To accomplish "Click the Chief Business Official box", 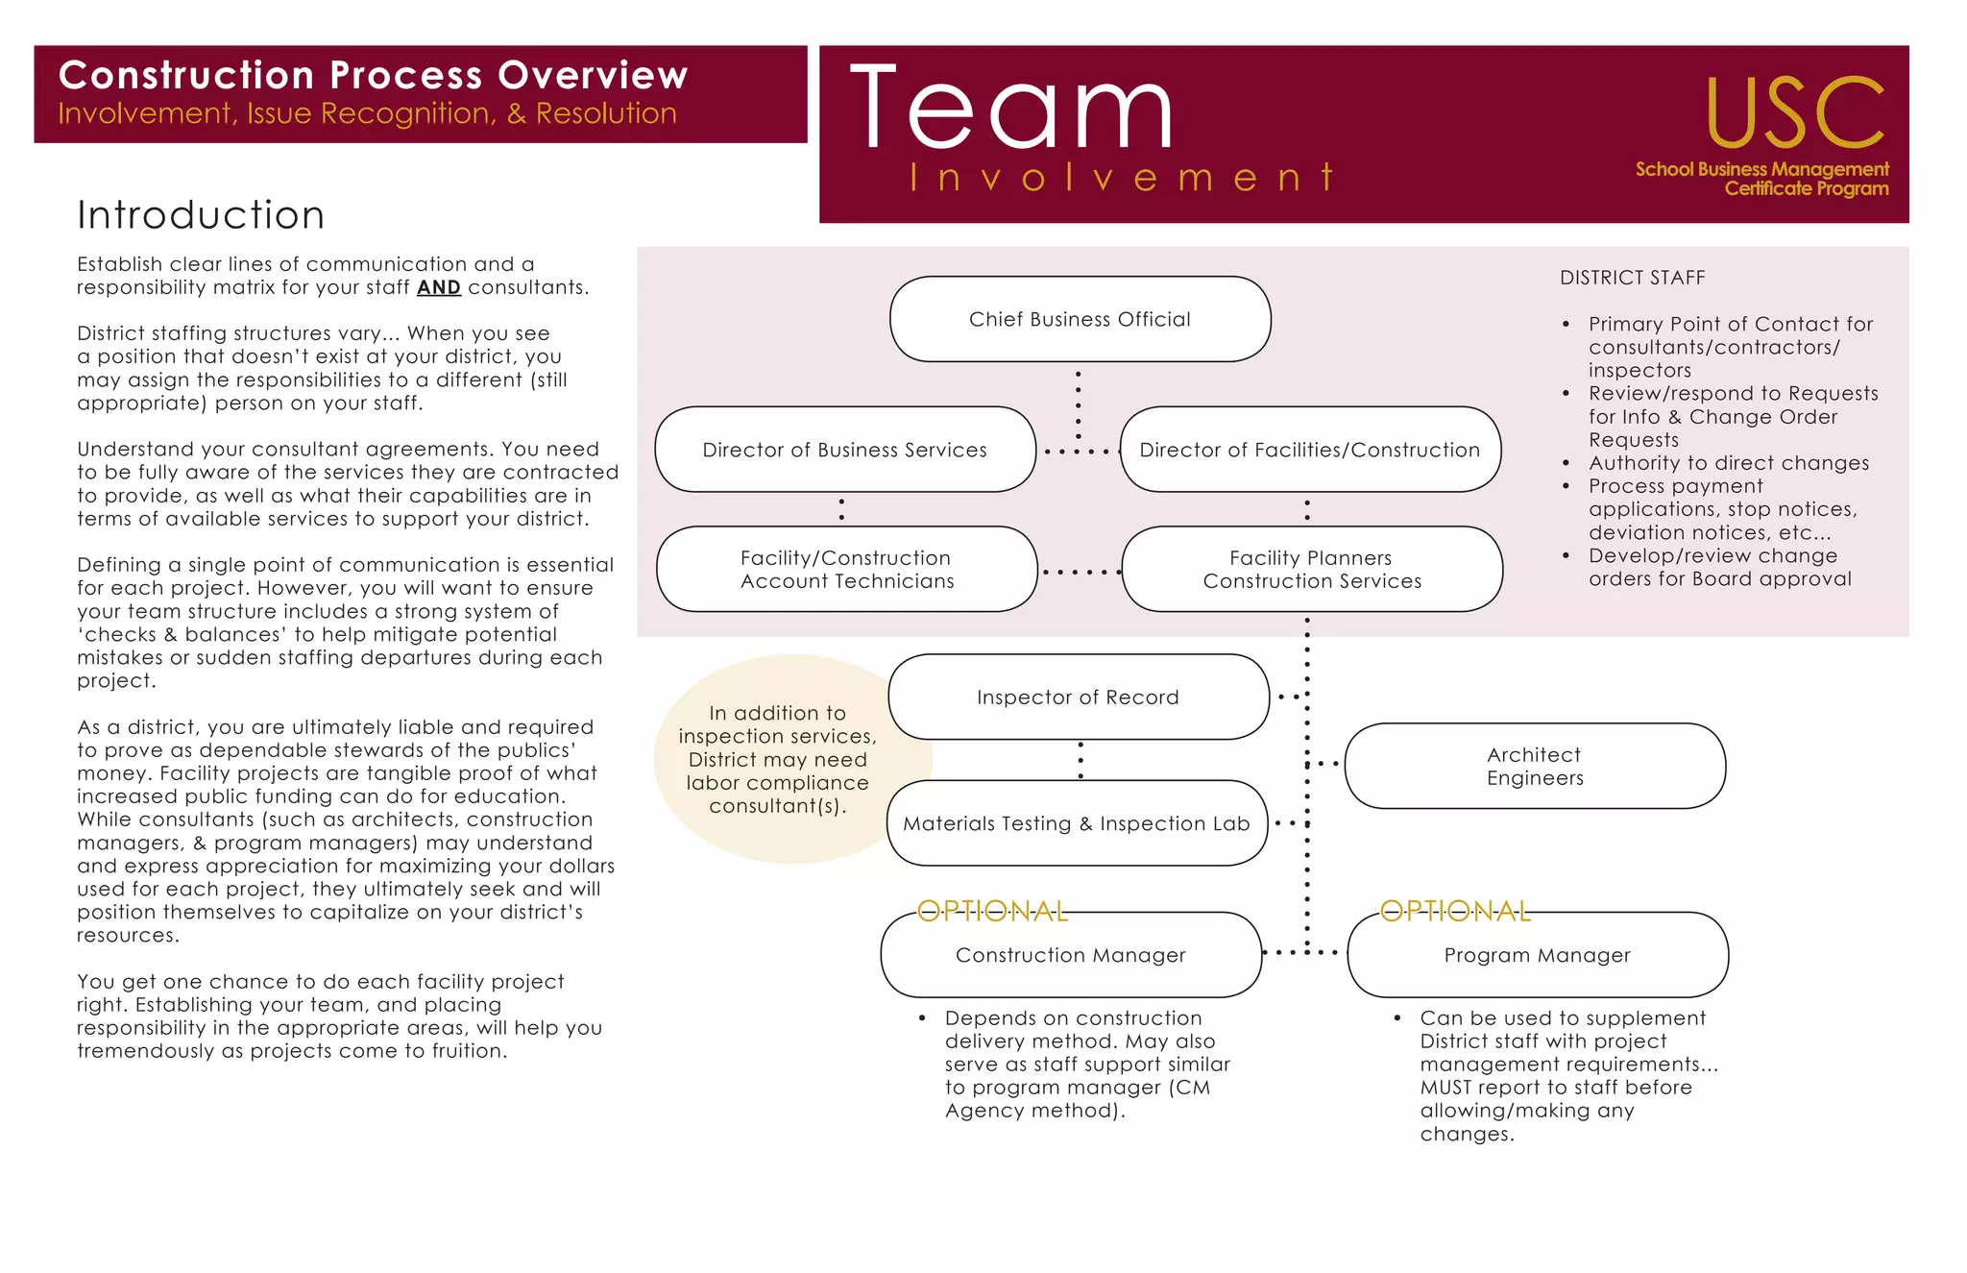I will point(1080,319).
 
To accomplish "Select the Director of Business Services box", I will point(844,450).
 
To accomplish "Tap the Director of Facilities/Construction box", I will point(1309,450).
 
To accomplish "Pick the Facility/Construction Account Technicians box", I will point(846,569).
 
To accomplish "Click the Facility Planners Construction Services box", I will point(1311,569).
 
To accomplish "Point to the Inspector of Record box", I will point(1078,697).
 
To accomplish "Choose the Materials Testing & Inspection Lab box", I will point(1077,823).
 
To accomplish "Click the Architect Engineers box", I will point(1534,766).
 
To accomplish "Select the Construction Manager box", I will point(1070,954).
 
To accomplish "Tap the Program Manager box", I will point(1537,954).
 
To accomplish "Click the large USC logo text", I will point(1794,113).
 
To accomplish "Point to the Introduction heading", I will point(201,214).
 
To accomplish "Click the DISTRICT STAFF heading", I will point(1632,278).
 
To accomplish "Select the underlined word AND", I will point(438,287).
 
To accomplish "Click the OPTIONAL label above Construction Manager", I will point(992,911).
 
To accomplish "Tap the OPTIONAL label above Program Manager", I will point(1455,911).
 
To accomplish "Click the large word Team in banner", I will point(1011,108).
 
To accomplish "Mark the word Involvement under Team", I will point(1122,178).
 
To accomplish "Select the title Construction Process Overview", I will point(373,75).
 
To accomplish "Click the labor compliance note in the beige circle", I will point(777,759).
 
